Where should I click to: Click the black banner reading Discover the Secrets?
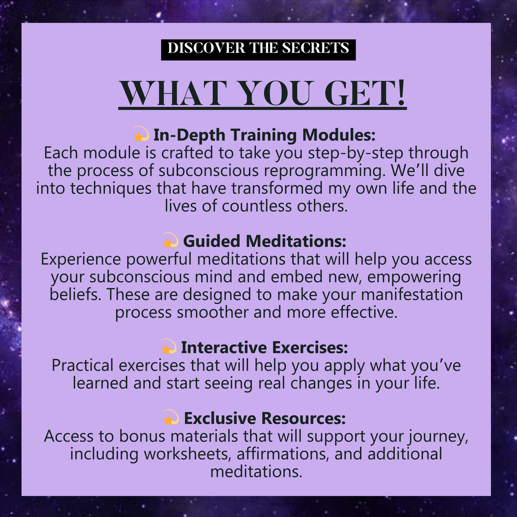coord(258,50)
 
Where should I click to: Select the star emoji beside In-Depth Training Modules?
coord(141,134)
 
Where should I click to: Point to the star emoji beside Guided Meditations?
coord(171,240)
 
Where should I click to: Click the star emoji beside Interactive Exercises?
coord(169,346)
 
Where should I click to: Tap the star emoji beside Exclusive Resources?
coord(171,417)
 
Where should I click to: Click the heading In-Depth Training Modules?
coord(264,135)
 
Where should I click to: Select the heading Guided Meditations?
coord(264,241)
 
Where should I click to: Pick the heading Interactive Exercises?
coord(264,347)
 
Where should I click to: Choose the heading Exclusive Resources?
coord(265,418)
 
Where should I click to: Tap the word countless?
coord(257,206)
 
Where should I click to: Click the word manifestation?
coord(412,294)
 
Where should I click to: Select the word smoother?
coord(213,312)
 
